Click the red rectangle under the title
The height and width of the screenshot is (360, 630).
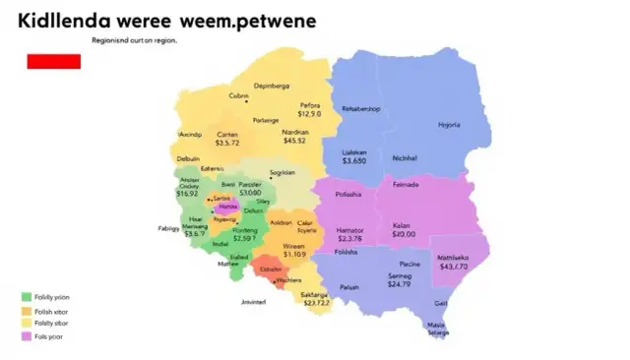pos(54,61)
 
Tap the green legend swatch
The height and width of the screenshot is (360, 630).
pos(26,297)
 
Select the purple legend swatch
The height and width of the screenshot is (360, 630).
pos(26,336)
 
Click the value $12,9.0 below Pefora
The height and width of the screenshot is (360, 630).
pos(310,114)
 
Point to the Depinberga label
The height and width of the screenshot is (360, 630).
pos(272,86)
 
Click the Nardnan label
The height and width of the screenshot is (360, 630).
pos(295,132)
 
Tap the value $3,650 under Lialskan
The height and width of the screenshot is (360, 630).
pos(354,160)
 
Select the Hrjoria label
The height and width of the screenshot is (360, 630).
pos(449,125)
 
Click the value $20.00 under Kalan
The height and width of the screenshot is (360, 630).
pos(404,234)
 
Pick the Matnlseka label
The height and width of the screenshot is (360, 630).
pos(454,258)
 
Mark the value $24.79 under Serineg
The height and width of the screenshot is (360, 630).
pos(399,284)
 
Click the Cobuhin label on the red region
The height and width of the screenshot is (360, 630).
pos(271,269)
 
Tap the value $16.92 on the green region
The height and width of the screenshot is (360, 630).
pos(187,194)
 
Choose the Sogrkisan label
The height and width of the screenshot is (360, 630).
pos(283,172)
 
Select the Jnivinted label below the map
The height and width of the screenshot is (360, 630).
pos(254,303)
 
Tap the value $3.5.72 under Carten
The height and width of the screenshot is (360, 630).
pos(227,144)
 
